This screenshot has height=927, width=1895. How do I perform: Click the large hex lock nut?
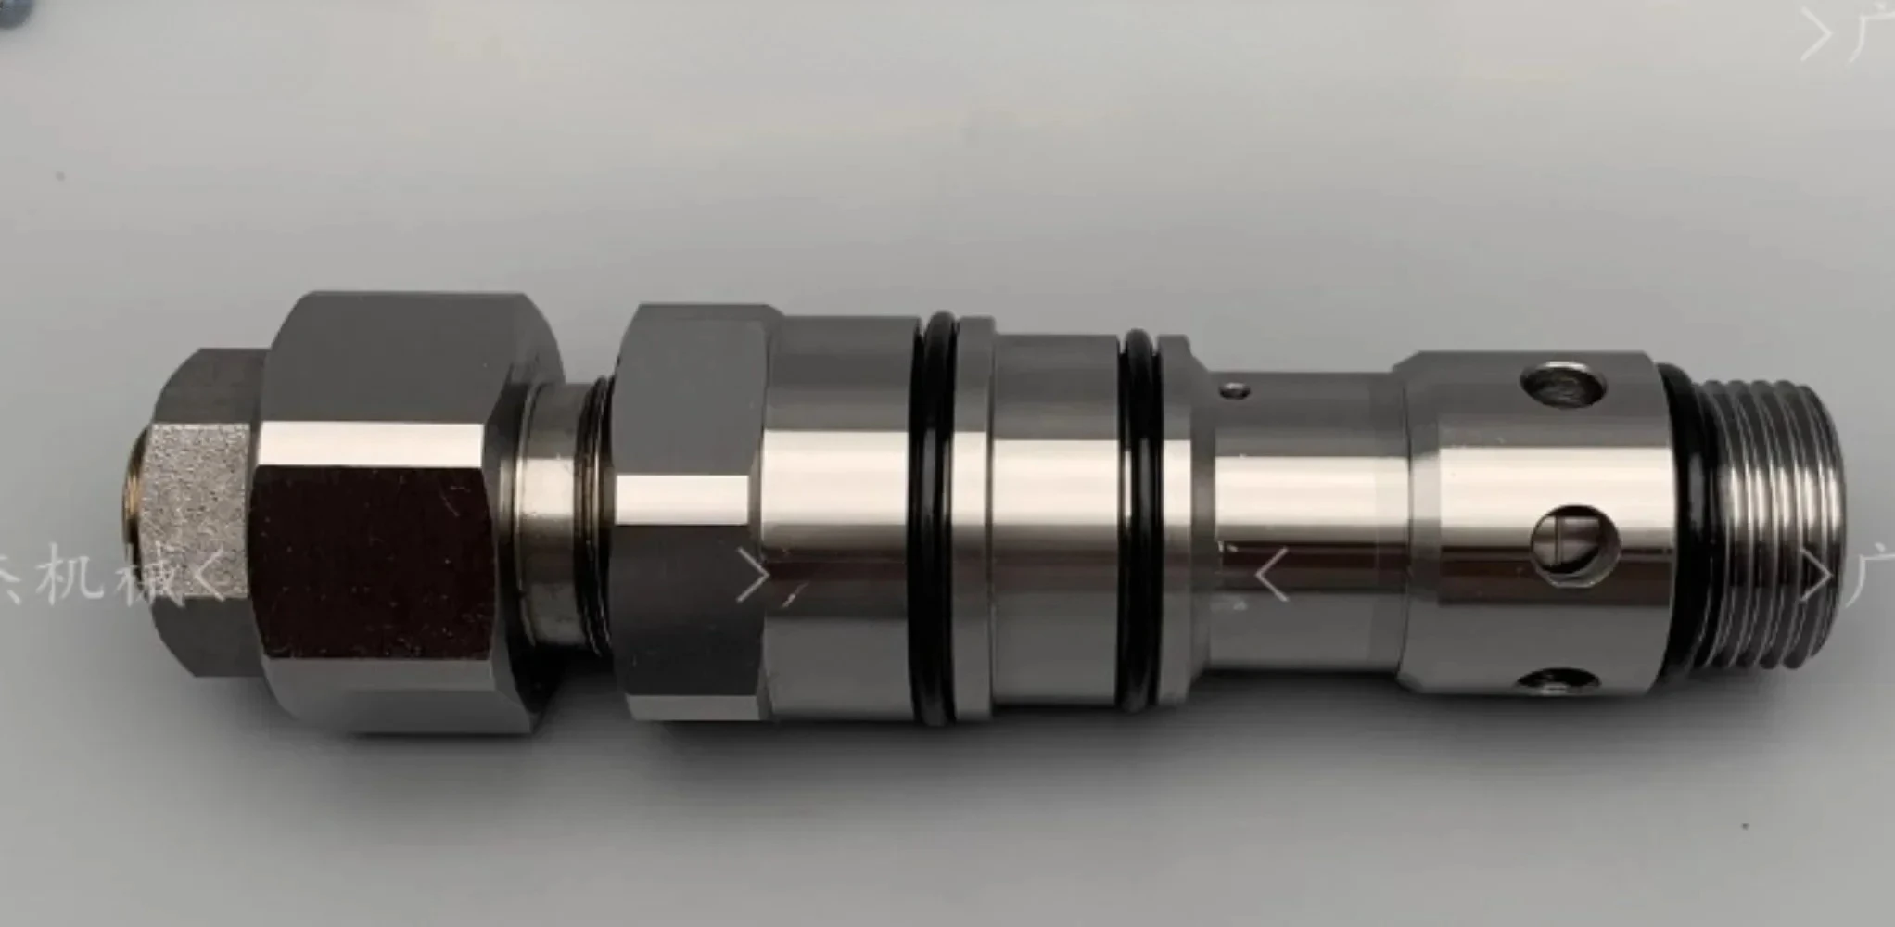389,519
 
